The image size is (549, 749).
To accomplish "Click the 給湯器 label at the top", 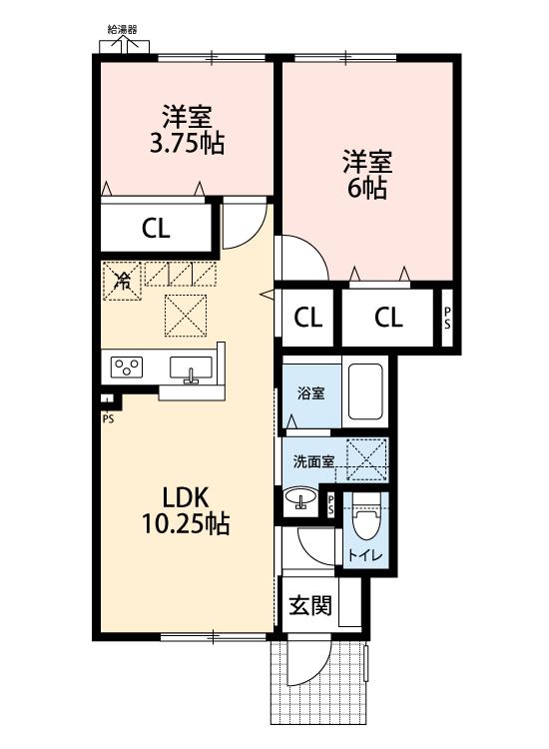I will tap(123, 30).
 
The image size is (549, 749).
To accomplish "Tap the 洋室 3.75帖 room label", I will tap(186, 130).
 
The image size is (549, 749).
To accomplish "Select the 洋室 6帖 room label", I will tap(367, 175).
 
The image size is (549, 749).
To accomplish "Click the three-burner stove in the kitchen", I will tap(128, 368).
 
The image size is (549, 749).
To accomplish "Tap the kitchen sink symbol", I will tap(192, 369).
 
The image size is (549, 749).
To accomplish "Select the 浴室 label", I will tap(310, 392).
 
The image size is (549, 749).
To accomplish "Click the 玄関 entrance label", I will tap(310, 605).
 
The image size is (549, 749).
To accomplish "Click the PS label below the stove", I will tap(107, 417).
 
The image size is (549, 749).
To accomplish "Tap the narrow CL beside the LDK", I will tap(308, 318).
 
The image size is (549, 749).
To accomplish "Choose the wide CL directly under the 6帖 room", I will tap(388, 318).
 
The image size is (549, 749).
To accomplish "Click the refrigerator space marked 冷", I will tap(122, 281).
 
